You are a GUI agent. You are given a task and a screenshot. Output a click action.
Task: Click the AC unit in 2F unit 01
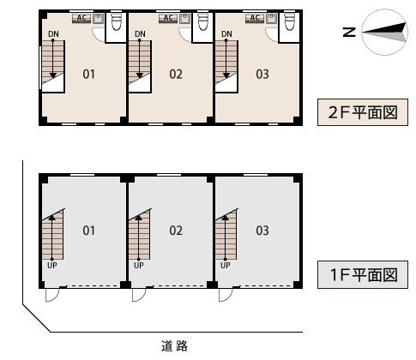click(81, 19)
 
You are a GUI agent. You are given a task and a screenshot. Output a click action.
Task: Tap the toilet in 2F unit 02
click(203, 21)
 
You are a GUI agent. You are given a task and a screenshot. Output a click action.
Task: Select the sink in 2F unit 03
click(271, 19)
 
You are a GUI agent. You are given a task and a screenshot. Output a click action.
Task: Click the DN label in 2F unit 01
click(53, 34)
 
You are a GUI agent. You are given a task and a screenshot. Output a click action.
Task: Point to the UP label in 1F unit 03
click(226, 266)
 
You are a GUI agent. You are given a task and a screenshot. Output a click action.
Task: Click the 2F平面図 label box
click(363, 112)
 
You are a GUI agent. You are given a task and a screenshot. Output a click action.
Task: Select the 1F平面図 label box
click(363, 274)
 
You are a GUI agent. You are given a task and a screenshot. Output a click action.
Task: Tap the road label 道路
click(174, 345)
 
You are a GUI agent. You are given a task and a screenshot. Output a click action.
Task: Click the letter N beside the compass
click(349, 32)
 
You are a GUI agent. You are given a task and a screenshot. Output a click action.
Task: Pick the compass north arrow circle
click(384, 32)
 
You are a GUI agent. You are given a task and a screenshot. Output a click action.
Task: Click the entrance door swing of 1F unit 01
click(52, 295)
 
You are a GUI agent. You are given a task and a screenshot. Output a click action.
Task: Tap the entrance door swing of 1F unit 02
click(139, 295)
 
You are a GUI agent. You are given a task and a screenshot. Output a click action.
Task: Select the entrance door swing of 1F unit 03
click(226, 295)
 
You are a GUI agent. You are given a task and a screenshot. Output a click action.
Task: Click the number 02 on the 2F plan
click(176, 75)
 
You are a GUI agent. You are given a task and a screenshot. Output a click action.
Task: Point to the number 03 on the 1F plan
click(262, 231)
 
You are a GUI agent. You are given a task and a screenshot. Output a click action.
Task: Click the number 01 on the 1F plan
click(88, 231)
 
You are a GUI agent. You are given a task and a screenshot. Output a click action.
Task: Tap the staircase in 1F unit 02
click(140, 234)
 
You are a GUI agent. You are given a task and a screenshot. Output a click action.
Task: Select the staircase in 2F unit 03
click(226, 66)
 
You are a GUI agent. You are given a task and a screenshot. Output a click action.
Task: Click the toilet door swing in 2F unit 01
click(99, 35)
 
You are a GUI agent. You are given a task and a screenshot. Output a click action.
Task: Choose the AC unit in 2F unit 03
click(255, 19)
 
